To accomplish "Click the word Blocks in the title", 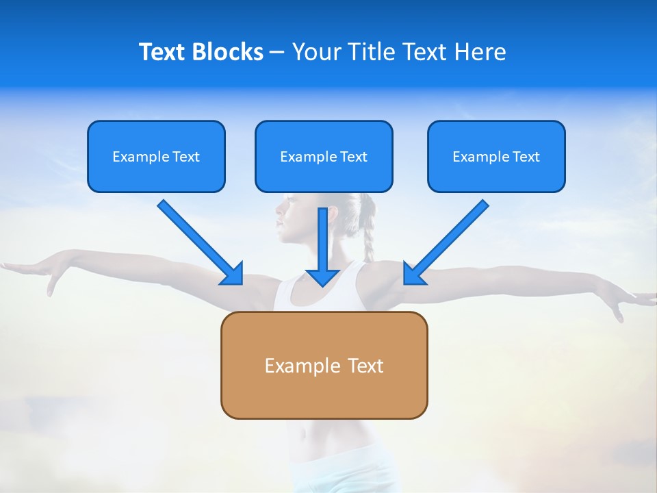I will (x=228, y=52).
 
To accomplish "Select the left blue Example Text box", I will (x=156, y=156).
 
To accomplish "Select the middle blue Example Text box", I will (x=324, y=156).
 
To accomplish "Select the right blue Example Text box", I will (x=496, y=156).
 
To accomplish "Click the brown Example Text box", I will (x=324, y=365).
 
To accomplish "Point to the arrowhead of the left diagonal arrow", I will (x=233, y=274).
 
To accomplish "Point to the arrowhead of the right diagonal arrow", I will (x=413, y=274).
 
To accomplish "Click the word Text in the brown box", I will (x=366, y=366).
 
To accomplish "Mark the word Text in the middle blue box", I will (x=352, y=157).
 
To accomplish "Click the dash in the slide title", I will (x=277, y=53).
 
